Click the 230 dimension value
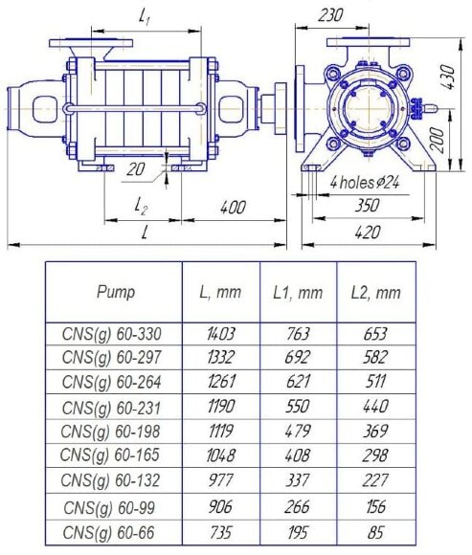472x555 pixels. pyautogui.click(x=330, y=15)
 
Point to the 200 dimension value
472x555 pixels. pyautogui.click(x=438, y=141)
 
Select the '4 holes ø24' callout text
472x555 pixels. pyautogui.click(x=365, y=183)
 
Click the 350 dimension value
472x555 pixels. pyautogui.click(x=368, y=206)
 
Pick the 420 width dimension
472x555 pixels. pyautogui.click(x=368, y=233)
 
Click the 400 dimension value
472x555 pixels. pyautogui.click(x=233, y=208)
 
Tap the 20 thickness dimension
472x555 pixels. pyautogui.click(x=136, y=169)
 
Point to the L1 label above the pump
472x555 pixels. pyautogui.click(x=144, y=16)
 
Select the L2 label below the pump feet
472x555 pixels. pyautogui.click(x=141, y=206)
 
